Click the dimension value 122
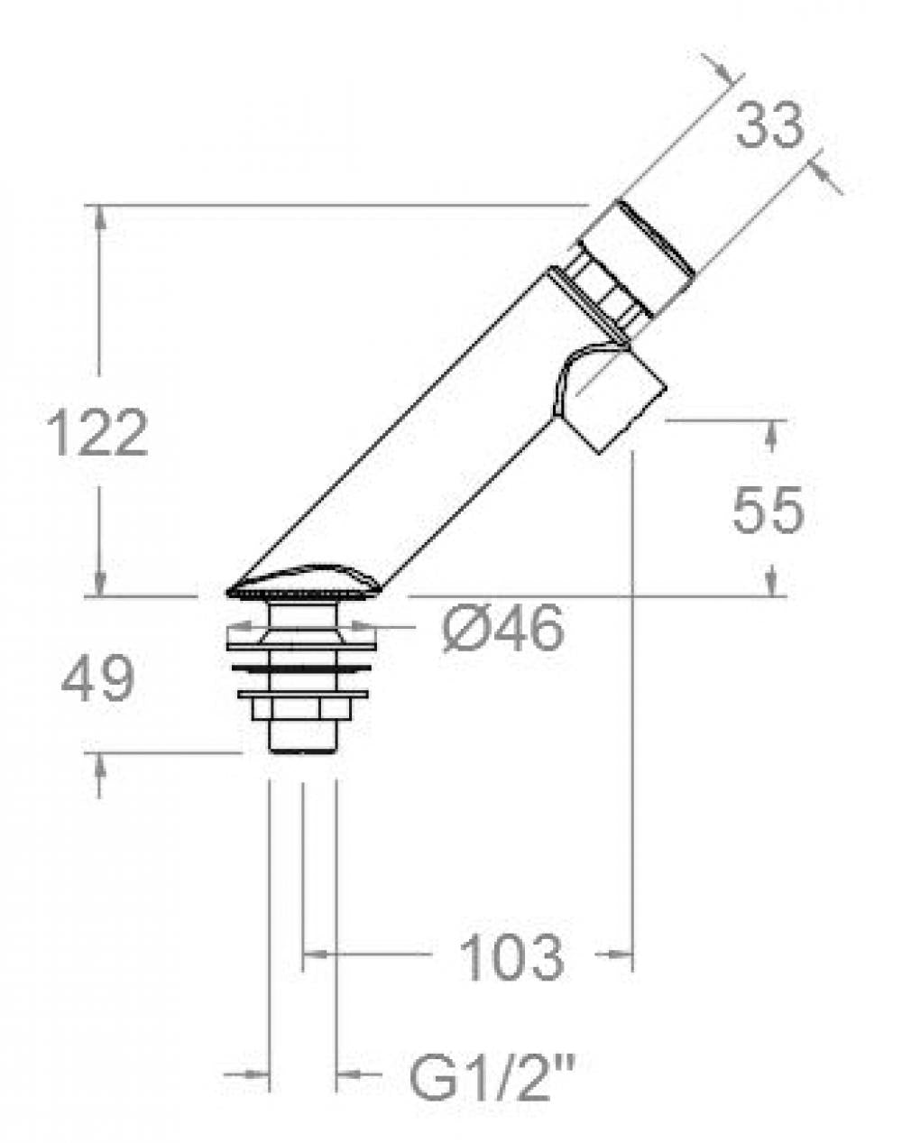coord(97,433)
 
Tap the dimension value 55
coord(767,511)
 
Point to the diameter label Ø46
coord(503,628)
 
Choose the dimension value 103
coord(511,957)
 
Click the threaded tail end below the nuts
coord(303,736)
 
